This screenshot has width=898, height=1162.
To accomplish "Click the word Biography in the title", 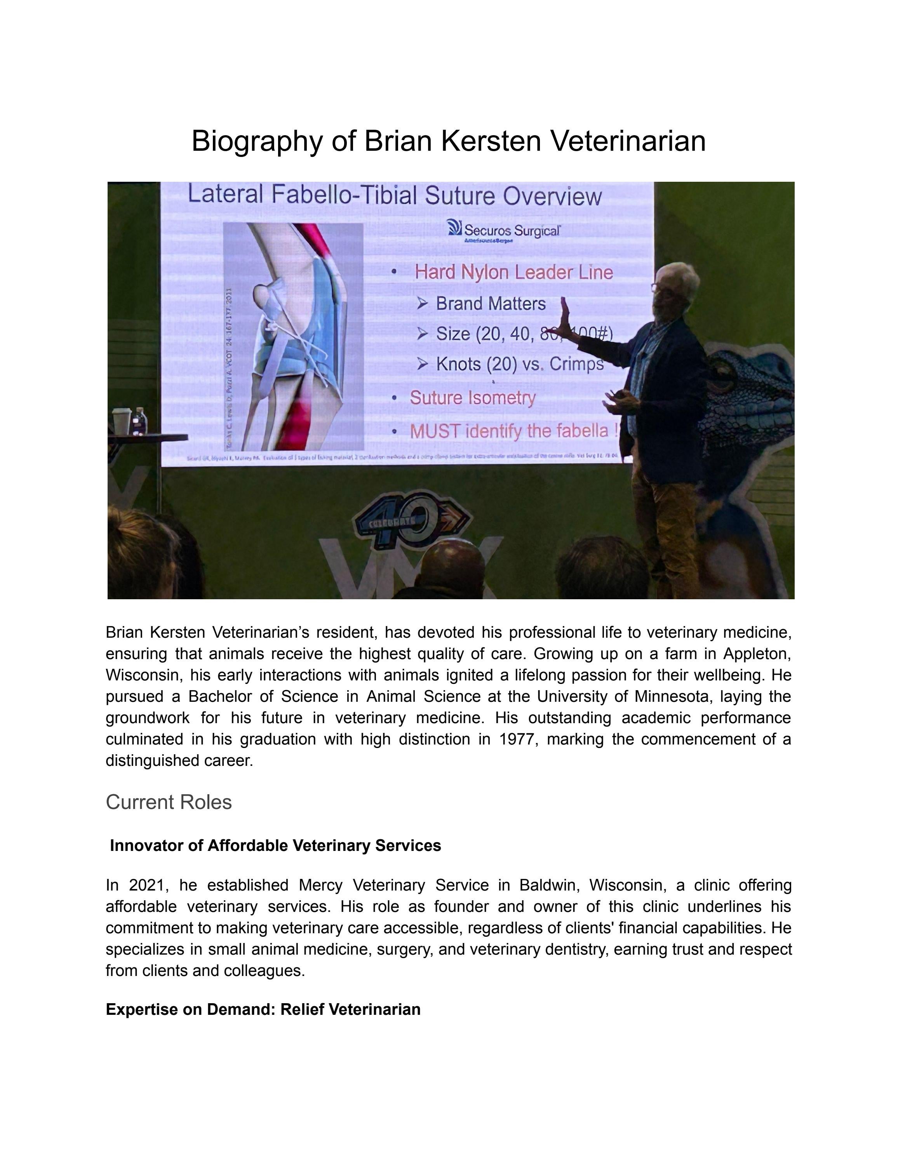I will coord(256,141).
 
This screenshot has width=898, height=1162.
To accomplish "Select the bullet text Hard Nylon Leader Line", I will coord(513,272).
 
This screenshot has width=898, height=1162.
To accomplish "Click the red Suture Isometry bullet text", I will coord(472,398).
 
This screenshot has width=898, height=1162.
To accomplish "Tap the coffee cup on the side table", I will coord(121,422).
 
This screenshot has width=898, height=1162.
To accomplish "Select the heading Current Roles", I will coord(169,802).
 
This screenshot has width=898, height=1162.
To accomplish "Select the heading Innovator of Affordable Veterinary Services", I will coord(275,846).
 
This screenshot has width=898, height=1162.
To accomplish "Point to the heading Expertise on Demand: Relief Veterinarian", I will coord(263,1010).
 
